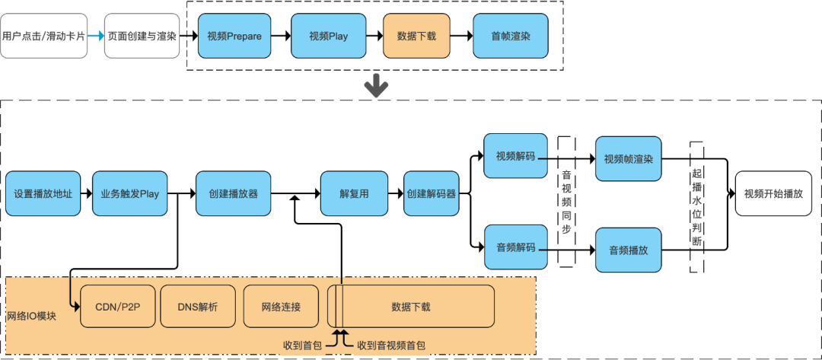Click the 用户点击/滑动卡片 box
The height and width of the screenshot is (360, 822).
[44, 36]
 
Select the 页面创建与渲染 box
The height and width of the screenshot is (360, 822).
[142, 36]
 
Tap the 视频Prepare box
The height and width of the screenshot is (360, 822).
[234, 36]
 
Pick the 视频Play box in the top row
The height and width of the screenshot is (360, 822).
[328, 36]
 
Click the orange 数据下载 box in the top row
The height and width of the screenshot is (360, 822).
[416, 36]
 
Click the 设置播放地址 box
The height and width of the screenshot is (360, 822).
[43, 194]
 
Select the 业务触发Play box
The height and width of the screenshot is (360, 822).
[130, 194]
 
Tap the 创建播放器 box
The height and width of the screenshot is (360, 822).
[233, 194]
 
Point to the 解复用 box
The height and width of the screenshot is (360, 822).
[354, 194]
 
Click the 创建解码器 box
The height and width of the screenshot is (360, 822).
[432, 194]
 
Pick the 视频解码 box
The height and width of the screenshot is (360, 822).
[515, 157]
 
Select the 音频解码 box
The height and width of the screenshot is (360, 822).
[515, 247]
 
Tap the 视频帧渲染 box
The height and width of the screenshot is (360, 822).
[628, 159]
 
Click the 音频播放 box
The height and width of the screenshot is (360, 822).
[628, 250]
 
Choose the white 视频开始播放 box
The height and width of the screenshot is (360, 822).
[773, 193]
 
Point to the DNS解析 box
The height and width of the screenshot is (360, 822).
[197, 307]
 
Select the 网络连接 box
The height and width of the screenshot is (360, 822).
[281, 307]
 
